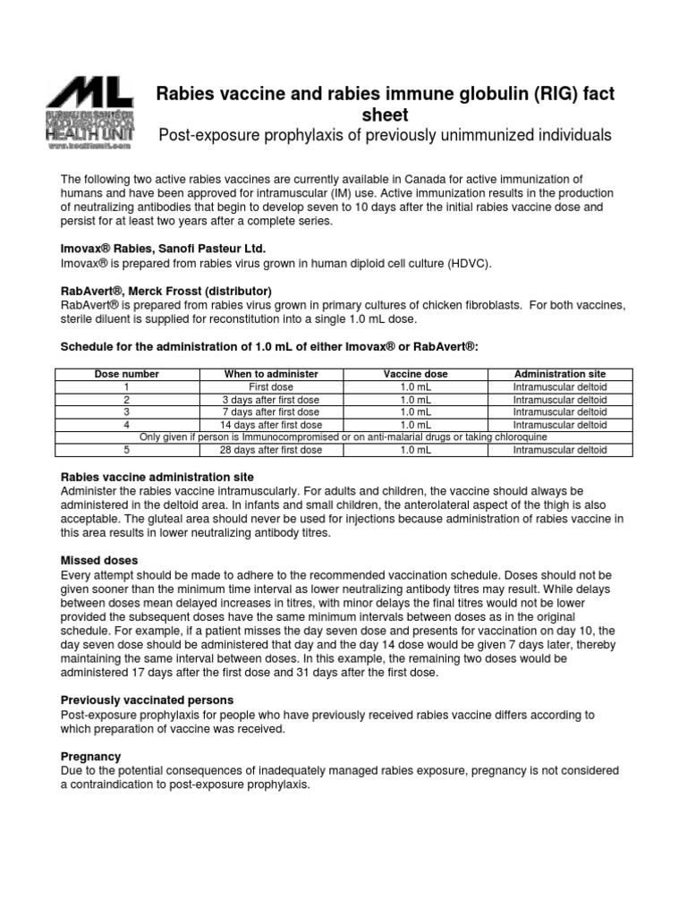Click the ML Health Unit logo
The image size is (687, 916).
click(90, 112)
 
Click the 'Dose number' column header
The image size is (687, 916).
click(127, 373)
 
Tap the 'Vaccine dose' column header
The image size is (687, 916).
click(416, 373)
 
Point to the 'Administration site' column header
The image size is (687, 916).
click(560, 373)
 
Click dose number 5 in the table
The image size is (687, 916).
click(127, 450)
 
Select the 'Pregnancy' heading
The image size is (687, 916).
click(90, 756)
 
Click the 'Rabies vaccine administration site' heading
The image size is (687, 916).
click(157, 477)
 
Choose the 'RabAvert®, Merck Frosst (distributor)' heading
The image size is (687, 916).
click(165, 291)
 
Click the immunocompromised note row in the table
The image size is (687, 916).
click(343, 437)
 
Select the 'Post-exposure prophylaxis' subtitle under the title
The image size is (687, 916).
click(385, 135)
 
